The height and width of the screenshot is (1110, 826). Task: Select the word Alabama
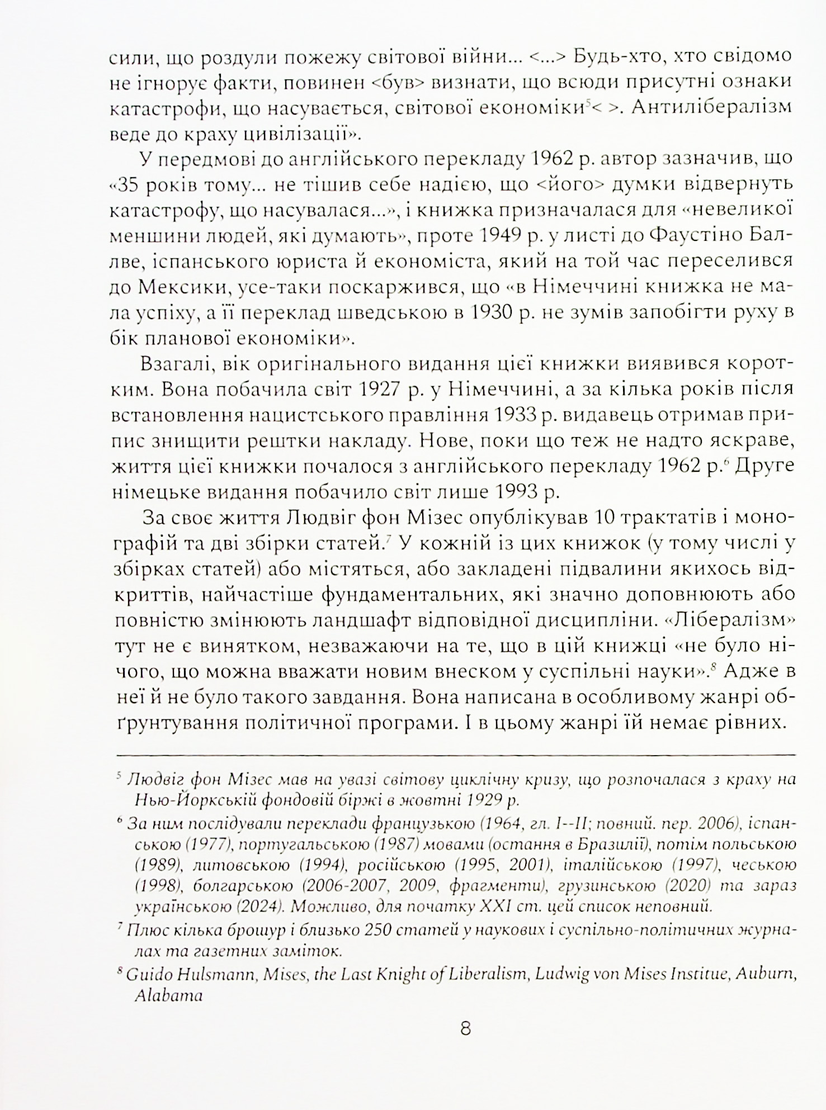point(168,996)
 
